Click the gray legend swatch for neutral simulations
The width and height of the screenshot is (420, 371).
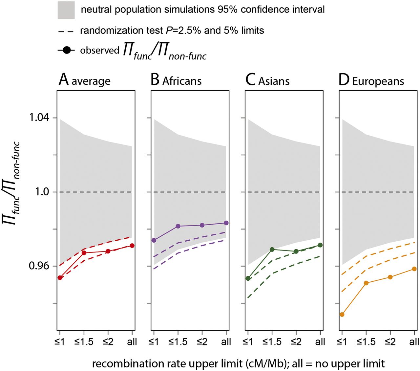click(66, 10)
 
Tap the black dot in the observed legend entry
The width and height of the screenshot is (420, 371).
click(67, 51)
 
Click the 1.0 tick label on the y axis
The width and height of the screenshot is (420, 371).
click(42, 192)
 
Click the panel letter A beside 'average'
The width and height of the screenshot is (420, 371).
click(64, 80)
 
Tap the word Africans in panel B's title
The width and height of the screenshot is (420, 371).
click(182, 81)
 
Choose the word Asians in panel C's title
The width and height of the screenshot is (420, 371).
click(274, 81)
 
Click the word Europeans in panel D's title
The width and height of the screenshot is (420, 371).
click(378, 81)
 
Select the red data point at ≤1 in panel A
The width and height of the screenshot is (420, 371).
click(60, 278)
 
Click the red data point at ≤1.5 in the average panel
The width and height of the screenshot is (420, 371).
click(84, 253)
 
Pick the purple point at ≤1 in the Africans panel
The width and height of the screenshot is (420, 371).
click(154, 240)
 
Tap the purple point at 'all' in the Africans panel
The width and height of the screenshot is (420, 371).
click(226, 223)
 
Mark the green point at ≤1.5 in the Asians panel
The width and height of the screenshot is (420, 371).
click(272, 250)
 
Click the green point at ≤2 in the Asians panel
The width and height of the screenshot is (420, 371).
click(296, 251)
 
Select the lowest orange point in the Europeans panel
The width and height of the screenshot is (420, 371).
click(342, 315)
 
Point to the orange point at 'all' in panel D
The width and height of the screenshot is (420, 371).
click(414, 269)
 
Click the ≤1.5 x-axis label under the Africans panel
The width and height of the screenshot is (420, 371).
click(178, 342)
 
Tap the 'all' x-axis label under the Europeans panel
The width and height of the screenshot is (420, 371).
click(414, 342)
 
